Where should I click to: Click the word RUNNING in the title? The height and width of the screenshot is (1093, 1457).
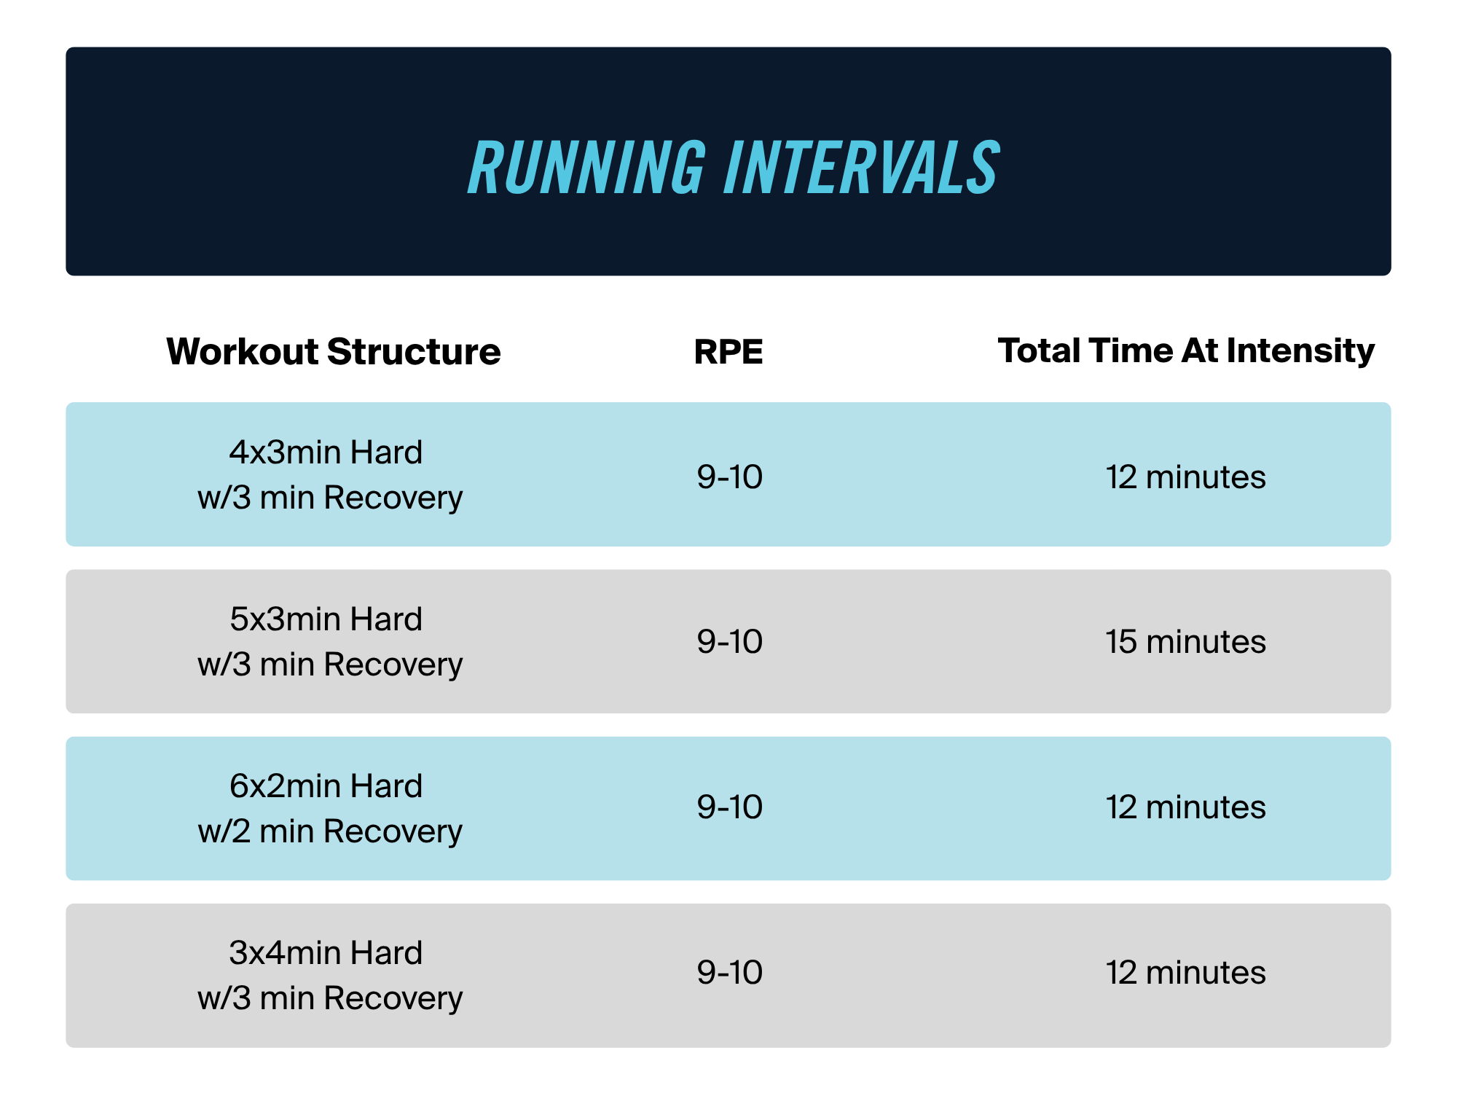pyautogui.click(x=587, y=168)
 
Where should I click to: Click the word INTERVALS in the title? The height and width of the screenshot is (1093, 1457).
pyautogui.click(x=862, y=168)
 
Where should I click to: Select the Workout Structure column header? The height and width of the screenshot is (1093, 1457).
pyautogui.click(x=334, y=351)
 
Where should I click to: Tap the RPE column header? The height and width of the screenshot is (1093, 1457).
pyautogui.click(x=728, y=351)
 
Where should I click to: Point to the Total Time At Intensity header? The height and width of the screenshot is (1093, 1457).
pyautogui.click(x=1186, y=351)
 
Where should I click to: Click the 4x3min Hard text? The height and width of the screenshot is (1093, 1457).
pyautogui.click(x=326, y=453)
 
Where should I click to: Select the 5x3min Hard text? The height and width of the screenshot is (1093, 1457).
pyautogui.click(x=326, y=619)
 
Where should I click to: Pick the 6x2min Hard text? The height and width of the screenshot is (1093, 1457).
pyautogui.click(x=326, y=786)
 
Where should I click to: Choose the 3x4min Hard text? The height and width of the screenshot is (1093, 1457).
pyautogui.click(x=326, y=953)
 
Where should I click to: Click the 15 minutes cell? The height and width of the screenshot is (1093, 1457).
pyautogui.click(x=1186, y=642)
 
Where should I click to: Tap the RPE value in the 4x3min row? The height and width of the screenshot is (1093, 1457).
pyautogui.click(x=729, y=477)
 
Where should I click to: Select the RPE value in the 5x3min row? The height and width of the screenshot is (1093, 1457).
pyautogui.click(x=729, y=642)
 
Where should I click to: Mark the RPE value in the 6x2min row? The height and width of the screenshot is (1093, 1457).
pyautogui.click(x=729, y=807)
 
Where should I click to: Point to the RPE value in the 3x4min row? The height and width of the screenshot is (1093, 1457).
pyautogui.click(x=729, y=973)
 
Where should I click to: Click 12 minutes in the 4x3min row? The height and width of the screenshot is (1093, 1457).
pyautogui.click(x=1186, y=477)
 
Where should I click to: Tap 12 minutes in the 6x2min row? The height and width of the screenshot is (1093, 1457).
pyautogui.click(x=1186, y=807)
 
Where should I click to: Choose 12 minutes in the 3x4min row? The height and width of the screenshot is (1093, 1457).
pyautogui.click(x=1186, y=973)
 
